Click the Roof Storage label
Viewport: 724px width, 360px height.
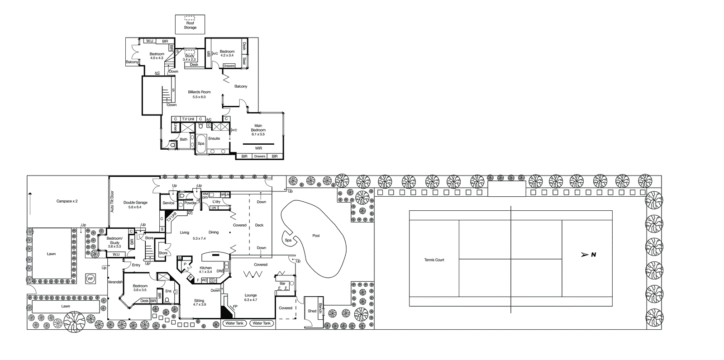point(190,25)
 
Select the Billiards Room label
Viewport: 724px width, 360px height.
point(199,92)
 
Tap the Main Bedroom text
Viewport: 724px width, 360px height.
point(258,128)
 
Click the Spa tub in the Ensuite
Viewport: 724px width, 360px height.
point(201,143)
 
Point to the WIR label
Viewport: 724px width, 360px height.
point(258,148)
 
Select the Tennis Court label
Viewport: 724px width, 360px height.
point(434,260)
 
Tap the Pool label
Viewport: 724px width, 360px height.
point(316,236)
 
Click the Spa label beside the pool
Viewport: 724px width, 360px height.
point(288,240)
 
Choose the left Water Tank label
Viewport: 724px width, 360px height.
point(234,323)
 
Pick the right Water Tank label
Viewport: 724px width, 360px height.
point(262,323)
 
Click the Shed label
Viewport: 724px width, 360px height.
point(312,311)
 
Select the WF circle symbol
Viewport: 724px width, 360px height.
point(90,279)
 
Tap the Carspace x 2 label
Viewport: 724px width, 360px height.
point(67,201)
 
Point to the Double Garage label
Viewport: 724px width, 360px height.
point(135,203)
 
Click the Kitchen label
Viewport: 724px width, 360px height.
point(205,268)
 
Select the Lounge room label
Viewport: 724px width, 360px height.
point(251,295)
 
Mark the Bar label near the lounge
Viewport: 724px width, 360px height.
point(282,284)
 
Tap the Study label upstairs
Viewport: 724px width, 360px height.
point(190,56)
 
